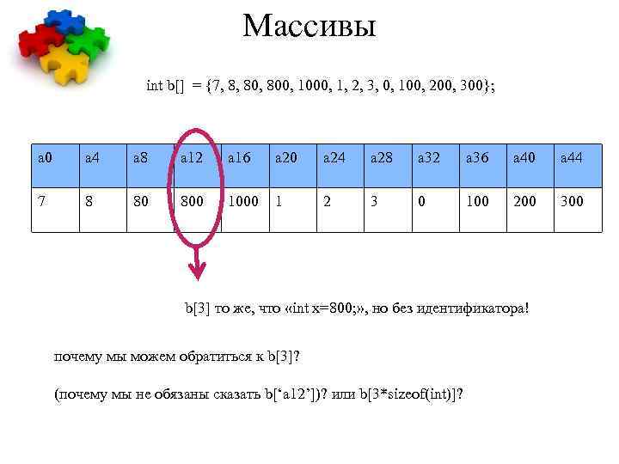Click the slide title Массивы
[x=309, y=26]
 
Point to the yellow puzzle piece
[x=69, y=64]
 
